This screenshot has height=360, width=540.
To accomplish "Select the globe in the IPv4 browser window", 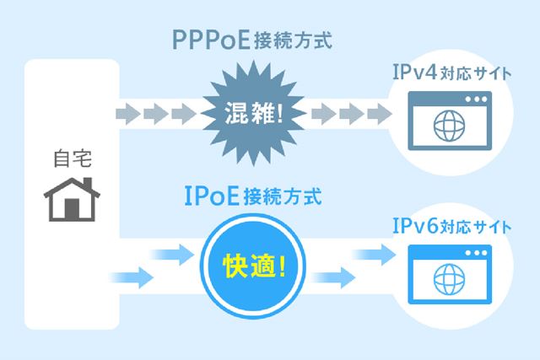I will click(447, 128).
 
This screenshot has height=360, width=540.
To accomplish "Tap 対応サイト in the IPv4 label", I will click(482, 72).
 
